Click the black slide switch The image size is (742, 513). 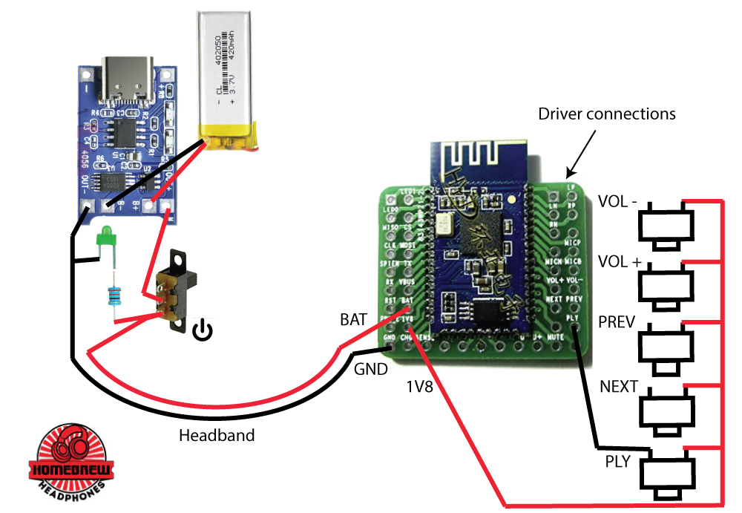pyautogui.click(x=177, y=290)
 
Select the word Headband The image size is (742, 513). pyautogui.click(x=217, y=436)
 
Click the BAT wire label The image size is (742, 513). pyautogui.click(x=353, y=321)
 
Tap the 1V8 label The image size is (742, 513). pyautogui.click(x=421, y=387)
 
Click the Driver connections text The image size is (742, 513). pyautogui.click(x=606, y=114)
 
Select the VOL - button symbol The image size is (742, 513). pyautogui.click(x=667, y=226)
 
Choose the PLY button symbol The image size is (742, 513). pyautogui.click(x=667, y=474)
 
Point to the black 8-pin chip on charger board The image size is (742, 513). pyautogui.click(x=119, y=133)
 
